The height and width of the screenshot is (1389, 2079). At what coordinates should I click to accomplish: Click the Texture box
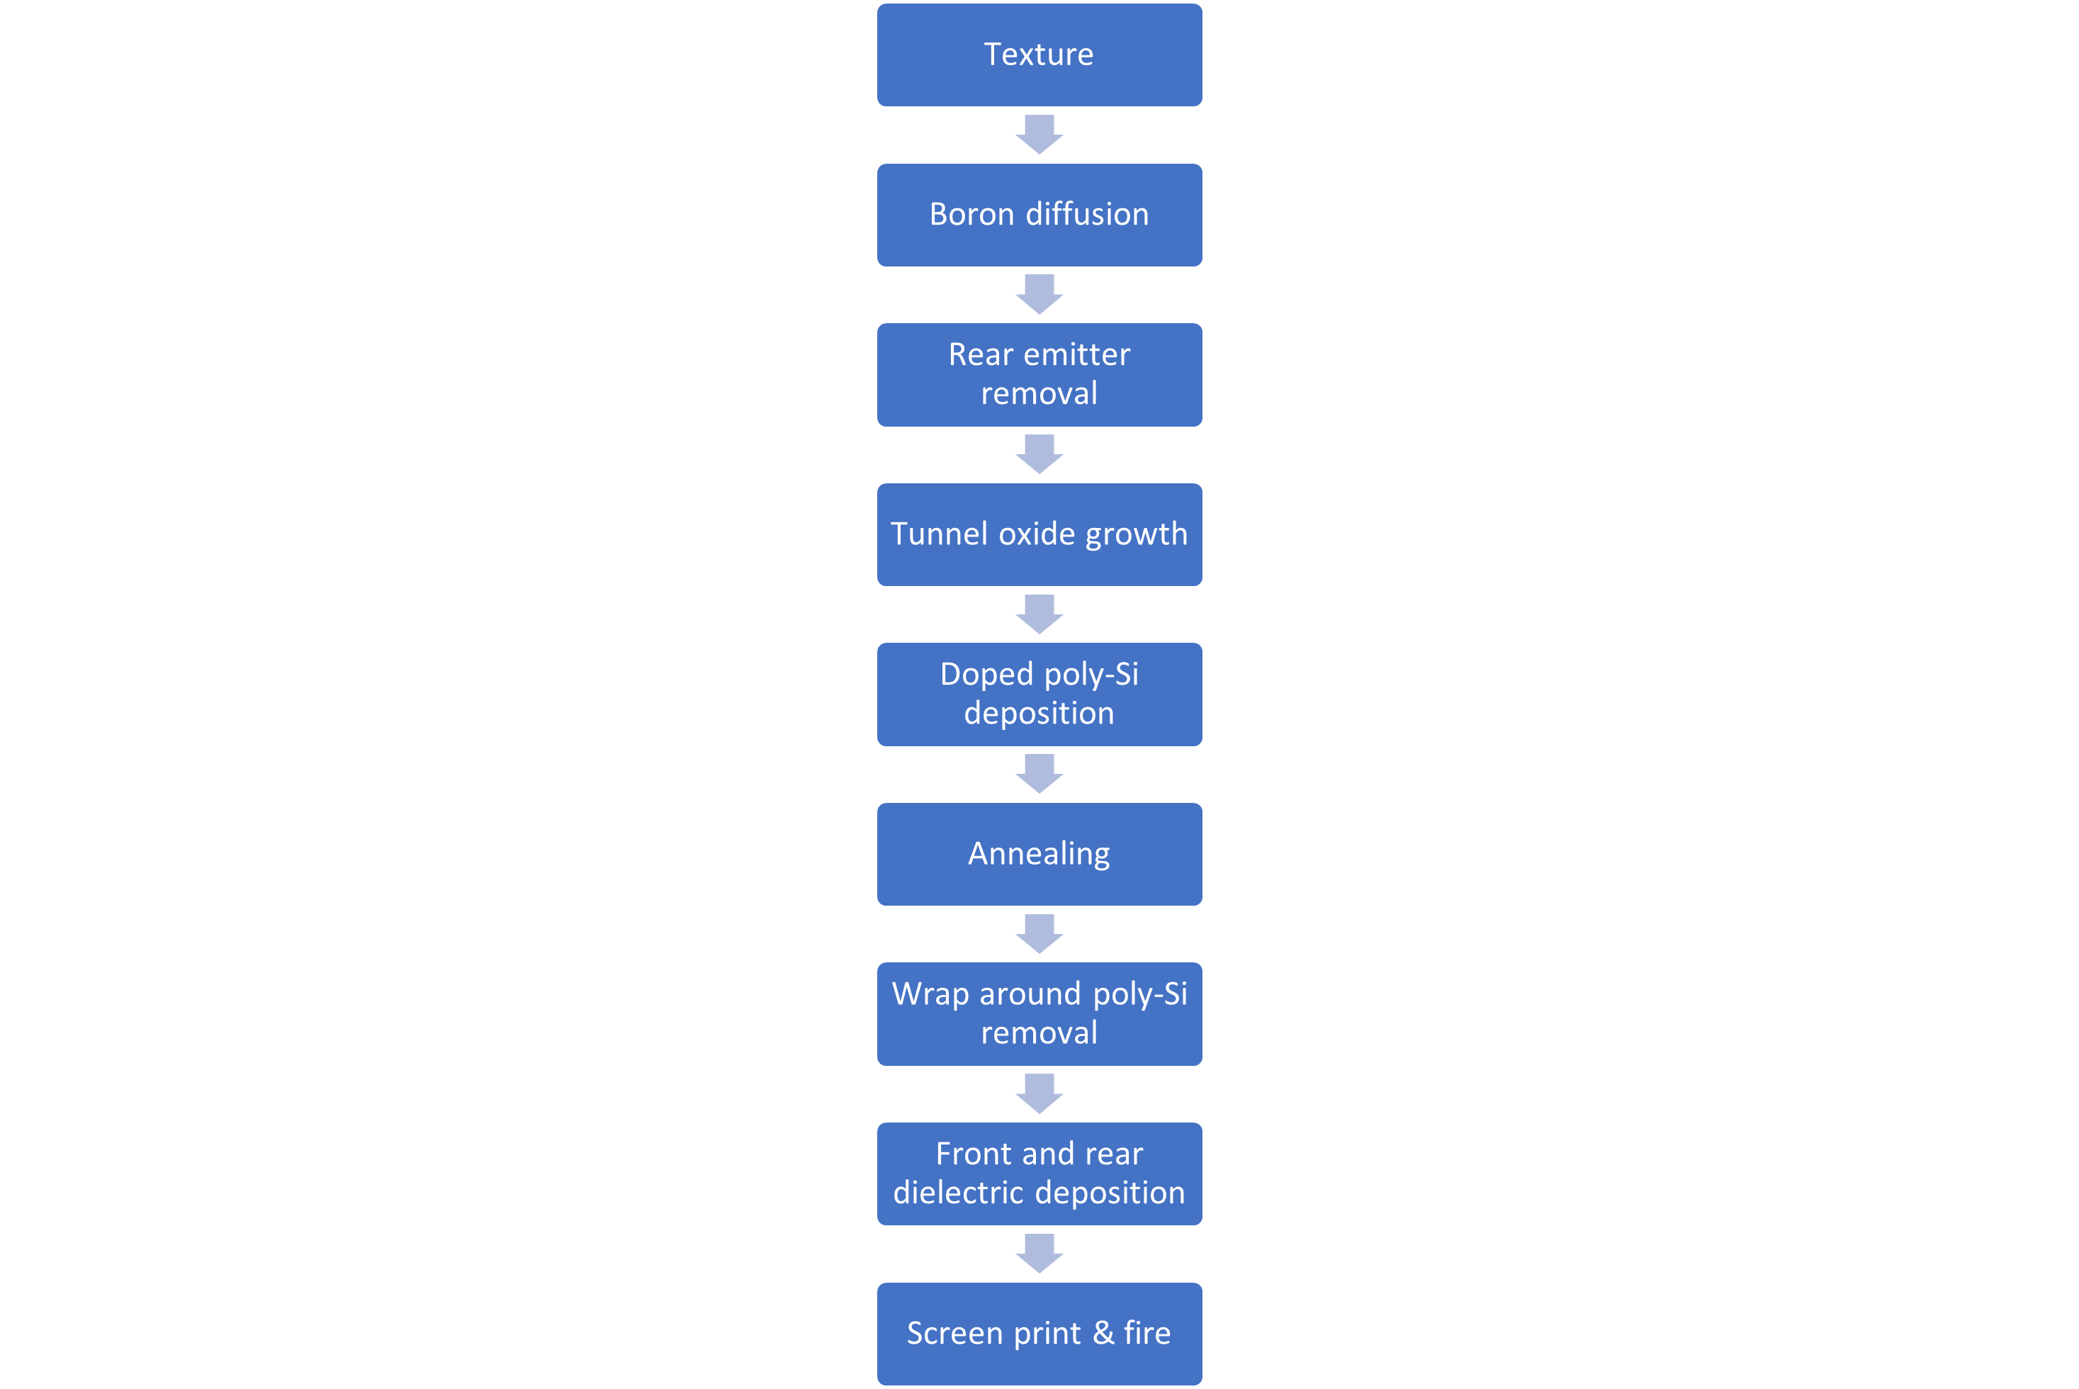pyautogui.click(x=1039, y=55)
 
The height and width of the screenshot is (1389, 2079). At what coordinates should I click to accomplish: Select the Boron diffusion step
pyautogui.click(x=1039, y=214)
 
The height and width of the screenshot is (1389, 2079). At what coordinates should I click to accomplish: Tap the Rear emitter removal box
pyautogui.click(x=1039, y=375)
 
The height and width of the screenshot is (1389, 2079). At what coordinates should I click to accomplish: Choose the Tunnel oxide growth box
pyautogui.click(x=1039, y=534)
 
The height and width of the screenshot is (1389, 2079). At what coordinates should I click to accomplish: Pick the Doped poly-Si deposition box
pyautogui.click(x=1039, y=694)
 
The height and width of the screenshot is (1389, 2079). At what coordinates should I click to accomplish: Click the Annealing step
pyautogui.click(x=1039, y=854)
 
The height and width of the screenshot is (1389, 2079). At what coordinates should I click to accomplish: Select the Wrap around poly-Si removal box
pyautogui.click(x=1039, y=1013)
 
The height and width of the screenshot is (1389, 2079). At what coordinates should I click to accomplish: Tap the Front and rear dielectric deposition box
pyautogui.click(x=1039, y=1174)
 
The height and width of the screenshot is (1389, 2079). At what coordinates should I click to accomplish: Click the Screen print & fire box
pyautogui.click(x=1039, y=1333)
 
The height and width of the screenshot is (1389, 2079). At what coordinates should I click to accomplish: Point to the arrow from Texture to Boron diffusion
pyautogui.click(x=1039, y=135)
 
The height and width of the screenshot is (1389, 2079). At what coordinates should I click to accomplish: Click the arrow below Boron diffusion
pyautogui.click(x=1039, y=294)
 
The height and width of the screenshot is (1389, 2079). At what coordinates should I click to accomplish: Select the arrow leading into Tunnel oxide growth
pyautogui.click(x=1039, y=454)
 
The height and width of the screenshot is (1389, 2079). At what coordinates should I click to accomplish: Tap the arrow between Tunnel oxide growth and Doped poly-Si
pyautogui.click(x=1039, y=614)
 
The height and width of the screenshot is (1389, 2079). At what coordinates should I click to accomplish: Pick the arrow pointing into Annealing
pyautogui.click(x=1039, y=773)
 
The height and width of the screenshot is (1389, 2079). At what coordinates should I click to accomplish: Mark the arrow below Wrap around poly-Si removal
pyautogui.click(x=1039, y=1093)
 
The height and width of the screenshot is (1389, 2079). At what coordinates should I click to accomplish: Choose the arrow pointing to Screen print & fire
pyautogui.click(x=1039, y=1254)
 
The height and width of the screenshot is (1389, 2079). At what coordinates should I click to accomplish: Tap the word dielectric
pyautogui.click(x=957, y=1193)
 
